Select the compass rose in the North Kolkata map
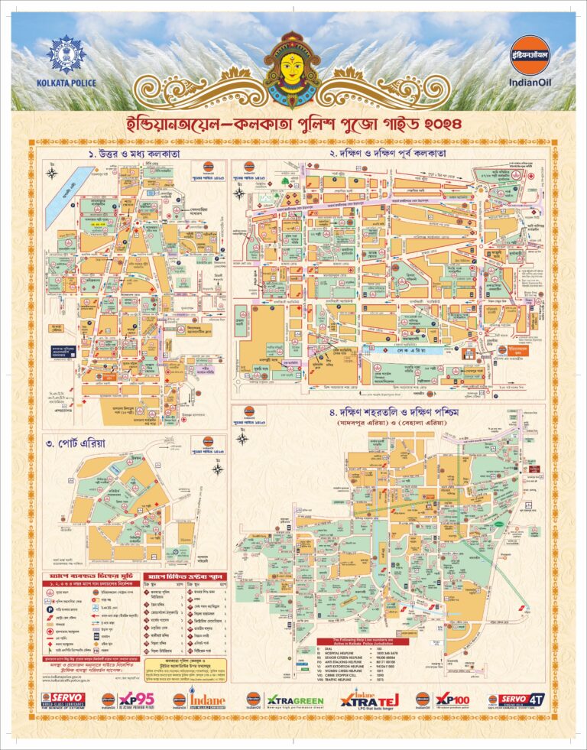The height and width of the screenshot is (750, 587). click(52, 173)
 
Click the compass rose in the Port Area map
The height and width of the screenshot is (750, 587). click(217, 469)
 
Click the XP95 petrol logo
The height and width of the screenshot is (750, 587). click(130, 700)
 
